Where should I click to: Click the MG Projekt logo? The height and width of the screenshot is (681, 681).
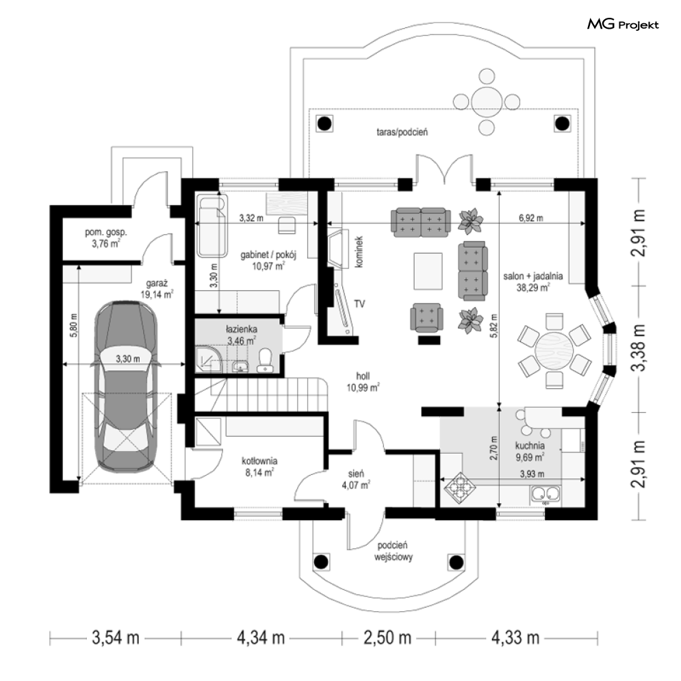pos(623,25)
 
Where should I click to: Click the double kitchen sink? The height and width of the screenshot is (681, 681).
pos(545,494)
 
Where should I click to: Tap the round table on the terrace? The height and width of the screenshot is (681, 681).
pos(487,101)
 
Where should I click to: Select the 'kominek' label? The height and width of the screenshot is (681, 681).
pos(359,251)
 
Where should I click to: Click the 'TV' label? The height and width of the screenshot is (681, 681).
pos(359,304)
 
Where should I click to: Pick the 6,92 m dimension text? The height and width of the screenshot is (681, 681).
pos(530,218)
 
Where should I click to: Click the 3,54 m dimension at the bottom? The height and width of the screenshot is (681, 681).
pos(116,639)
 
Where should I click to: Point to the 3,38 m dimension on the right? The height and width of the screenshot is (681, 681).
pos(638,348)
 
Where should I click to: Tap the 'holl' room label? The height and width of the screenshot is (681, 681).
pos(363,376)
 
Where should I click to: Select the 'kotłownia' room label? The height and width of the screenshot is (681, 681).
pos(259,461)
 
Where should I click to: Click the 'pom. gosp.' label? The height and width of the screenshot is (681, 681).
pos(106,232)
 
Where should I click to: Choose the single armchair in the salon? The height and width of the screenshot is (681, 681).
pos(427,317)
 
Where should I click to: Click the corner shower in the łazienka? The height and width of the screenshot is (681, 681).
pos(208,359)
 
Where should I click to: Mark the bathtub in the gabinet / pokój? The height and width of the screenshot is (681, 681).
pos(212,226)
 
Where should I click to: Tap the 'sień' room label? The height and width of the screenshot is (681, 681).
pos(356,474)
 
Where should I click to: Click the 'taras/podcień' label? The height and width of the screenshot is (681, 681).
pos(402,131)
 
